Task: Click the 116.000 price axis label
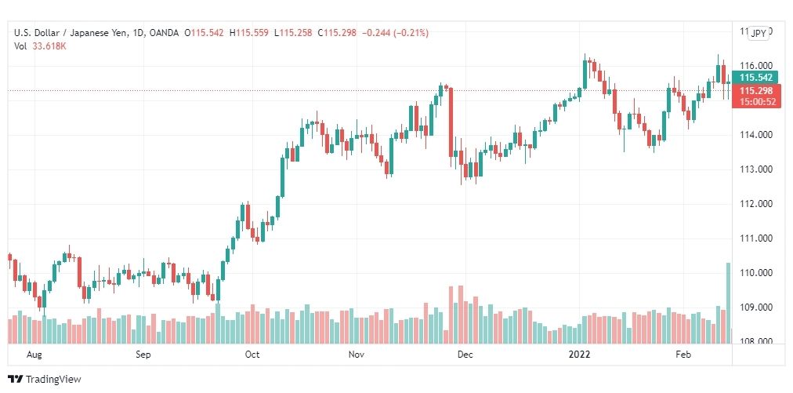point(755,66)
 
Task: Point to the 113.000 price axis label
point(755,169)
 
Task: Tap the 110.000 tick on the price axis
point(755,273)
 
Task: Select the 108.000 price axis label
point(755,341)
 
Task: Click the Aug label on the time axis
point(34,355)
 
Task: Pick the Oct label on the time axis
point(252,355)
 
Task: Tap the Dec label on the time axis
point(465,355)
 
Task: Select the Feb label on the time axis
point(683,355)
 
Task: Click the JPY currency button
point(759,33)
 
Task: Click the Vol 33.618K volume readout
point(40,45)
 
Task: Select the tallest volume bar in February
point(728,303)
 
